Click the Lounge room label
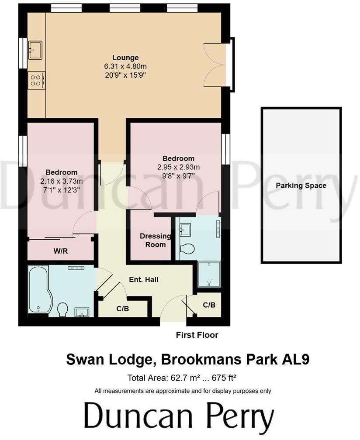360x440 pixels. tap(125, 58)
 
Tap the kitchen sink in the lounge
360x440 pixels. tap(35, 49)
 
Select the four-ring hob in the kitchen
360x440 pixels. tap(35, 80)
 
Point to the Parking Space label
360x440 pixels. tap(301, 186)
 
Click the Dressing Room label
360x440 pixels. tap(156, 240)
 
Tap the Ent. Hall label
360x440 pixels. tap(143, 279)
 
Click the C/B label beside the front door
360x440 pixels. tap(209, 305)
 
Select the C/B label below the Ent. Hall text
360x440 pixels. tap(122, 308)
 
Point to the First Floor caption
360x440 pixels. tap(197, 335)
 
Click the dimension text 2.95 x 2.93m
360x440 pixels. tap(178, 167)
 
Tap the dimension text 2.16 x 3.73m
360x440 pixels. tap(59, 181)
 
